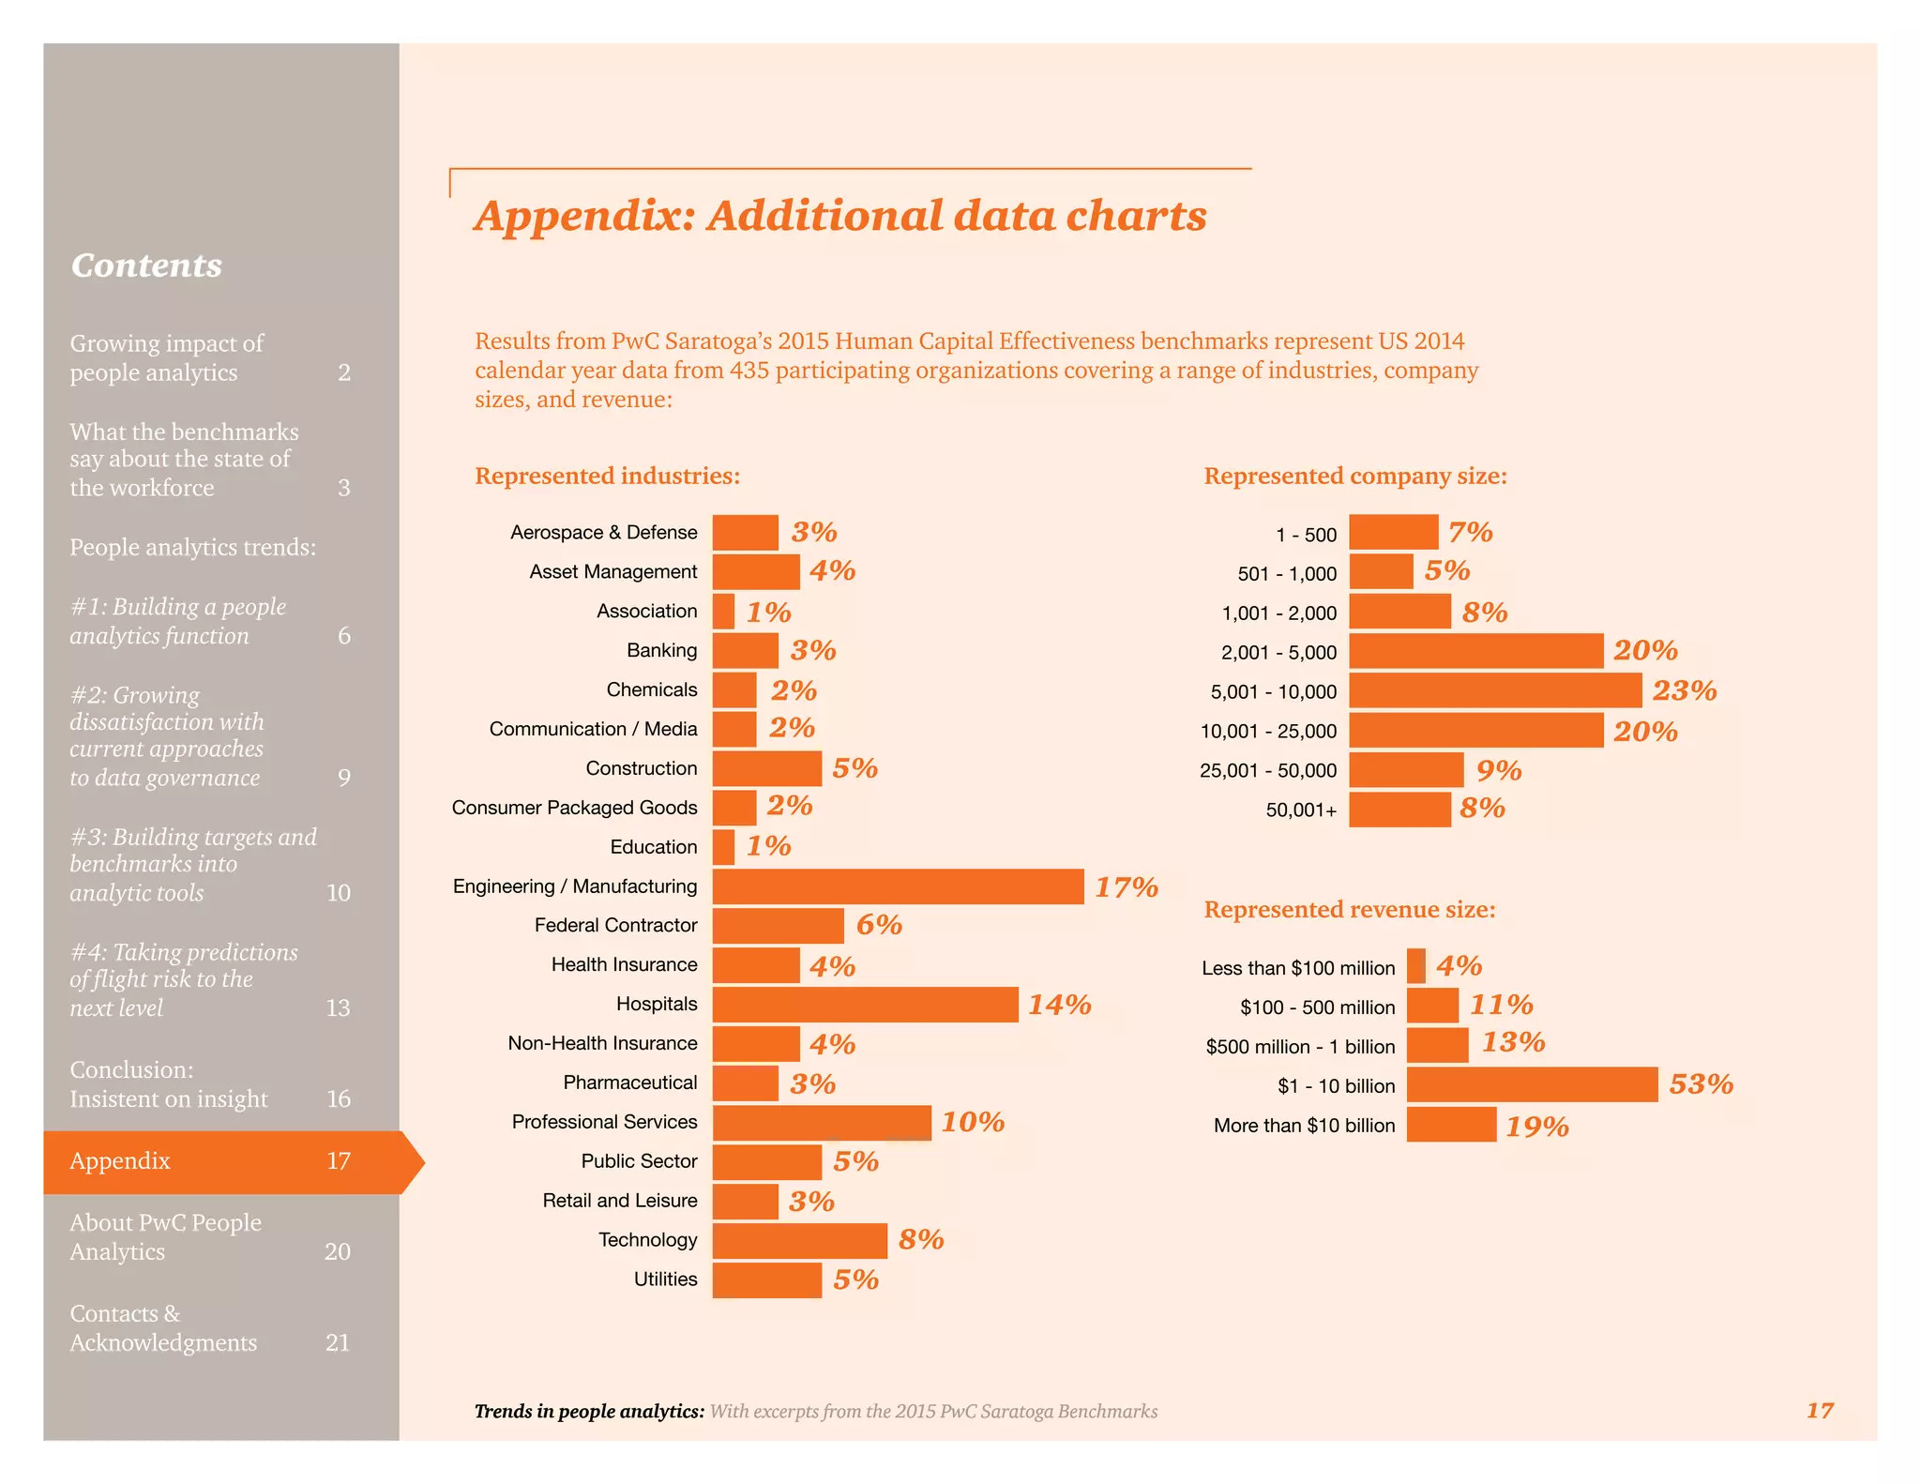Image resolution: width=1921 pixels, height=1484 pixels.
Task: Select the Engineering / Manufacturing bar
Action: [898, 886]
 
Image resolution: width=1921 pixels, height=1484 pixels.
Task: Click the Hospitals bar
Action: [865, 1005]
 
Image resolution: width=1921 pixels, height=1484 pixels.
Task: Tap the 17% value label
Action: [1127, 887]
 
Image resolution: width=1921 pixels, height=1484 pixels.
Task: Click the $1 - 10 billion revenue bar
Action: [1532, 1084]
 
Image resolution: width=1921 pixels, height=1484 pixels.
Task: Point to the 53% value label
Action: [1701, 1084]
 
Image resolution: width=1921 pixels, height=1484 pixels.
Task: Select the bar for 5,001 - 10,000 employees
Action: [1495, 690]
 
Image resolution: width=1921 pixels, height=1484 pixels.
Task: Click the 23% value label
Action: [1685, 691]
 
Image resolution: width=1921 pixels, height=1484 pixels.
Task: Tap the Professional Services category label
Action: [604, 1122]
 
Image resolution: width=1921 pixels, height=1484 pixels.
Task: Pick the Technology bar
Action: [799, 1240]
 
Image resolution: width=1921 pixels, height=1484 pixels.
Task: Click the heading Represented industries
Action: [607, 476]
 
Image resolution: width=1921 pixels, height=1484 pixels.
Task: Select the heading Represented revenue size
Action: [1349, 909]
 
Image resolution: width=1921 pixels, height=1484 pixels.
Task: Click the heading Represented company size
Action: [1354, 476]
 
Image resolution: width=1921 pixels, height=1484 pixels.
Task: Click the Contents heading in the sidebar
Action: [146, 265]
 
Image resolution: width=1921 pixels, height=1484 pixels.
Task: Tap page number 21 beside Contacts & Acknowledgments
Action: [338, 1342]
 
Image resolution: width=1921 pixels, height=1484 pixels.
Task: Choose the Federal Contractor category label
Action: [615, 925]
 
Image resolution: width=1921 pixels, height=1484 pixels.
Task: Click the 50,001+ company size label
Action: [1301, 810]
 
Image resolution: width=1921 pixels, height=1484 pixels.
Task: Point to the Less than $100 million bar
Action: [1415, 966]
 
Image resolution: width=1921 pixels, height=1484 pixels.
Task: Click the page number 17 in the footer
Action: [1820, 1410]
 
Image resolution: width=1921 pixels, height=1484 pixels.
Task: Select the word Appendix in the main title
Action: [583, 216]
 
